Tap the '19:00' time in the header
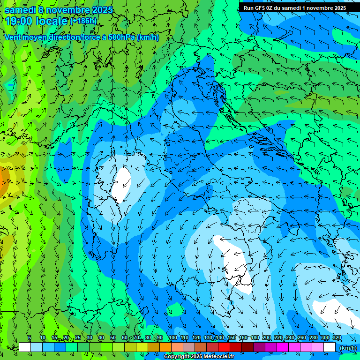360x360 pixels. pyautogui.click(x=20, y=21)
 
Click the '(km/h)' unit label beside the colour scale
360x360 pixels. pyautogui.click(x=348, y=348)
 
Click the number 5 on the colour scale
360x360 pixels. pyautogui.click(x=29, y=338)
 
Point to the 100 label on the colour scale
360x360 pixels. pyautogui.click(x=173, y=338)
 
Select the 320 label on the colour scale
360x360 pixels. pyautogui.click(x=337, y=338)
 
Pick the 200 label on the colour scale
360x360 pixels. pyautogui.click(x=267, y=338)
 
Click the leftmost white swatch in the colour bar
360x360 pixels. pyautogui.click(x=25, y=347)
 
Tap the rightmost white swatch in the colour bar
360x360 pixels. pyautogui.click(x=330, y=347)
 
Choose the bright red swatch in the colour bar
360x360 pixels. pyautogui.click(x=224, y=347)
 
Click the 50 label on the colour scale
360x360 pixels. pyautogui.click(x=113, y=338)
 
